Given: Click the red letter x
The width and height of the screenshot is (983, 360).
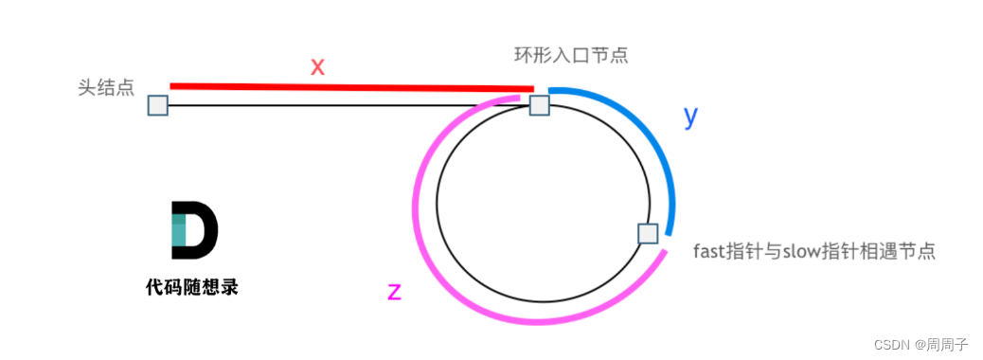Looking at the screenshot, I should (318, 66).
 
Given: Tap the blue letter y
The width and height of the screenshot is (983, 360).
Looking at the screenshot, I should (690, 117).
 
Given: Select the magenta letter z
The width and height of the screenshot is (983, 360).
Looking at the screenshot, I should (395, 292).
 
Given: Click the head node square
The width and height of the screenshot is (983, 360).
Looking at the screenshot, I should (158, 105).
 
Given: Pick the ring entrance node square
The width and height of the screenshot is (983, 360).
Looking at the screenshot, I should (539, 105).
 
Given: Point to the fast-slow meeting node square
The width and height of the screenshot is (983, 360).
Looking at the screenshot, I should (648, 233).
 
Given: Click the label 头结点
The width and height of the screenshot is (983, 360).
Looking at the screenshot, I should (106, 88).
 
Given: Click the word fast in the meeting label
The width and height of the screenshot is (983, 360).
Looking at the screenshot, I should (709, 252).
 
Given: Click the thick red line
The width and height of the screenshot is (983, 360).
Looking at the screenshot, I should (350, 88).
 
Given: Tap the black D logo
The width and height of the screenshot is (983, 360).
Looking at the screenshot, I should (194, 229).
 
